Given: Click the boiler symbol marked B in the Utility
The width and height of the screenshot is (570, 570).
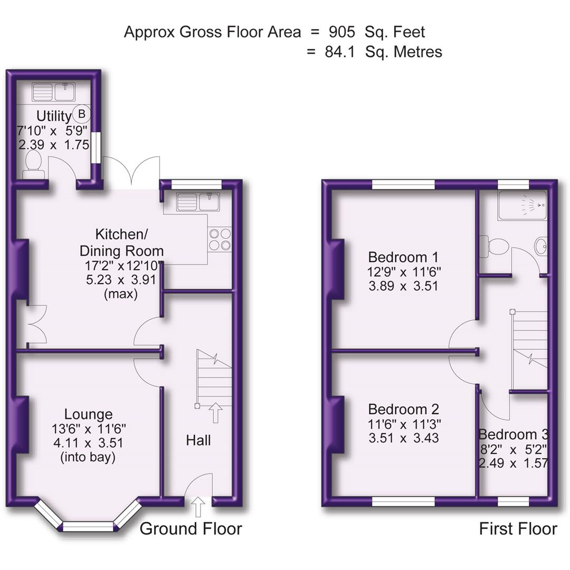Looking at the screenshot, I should click(x=82, y=113).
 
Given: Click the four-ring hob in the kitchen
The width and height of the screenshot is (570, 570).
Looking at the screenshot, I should click(x=220, y=239).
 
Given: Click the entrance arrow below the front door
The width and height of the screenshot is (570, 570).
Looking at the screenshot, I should click(x=198, y=507).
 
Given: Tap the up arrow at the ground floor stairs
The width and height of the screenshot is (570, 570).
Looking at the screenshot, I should click(x=215, y=412).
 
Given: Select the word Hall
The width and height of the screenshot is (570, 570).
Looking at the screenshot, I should click(x=198, y=440).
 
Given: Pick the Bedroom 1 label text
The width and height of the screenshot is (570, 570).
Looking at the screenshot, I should click(x=403, y=258).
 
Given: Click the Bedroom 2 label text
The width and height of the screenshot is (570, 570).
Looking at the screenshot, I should click(x=403, y=410).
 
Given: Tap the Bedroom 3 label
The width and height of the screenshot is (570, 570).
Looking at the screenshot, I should click(x=513, y=434).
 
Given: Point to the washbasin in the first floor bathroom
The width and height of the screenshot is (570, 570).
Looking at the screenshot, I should click(x=541, y=246).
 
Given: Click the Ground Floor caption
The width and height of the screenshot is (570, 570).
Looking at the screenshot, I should click(x=191, y=528).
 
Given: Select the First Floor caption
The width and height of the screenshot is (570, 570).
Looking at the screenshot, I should click(x=518, y=528).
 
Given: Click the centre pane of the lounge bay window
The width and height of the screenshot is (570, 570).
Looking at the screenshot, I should click(x=88, y=526).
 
